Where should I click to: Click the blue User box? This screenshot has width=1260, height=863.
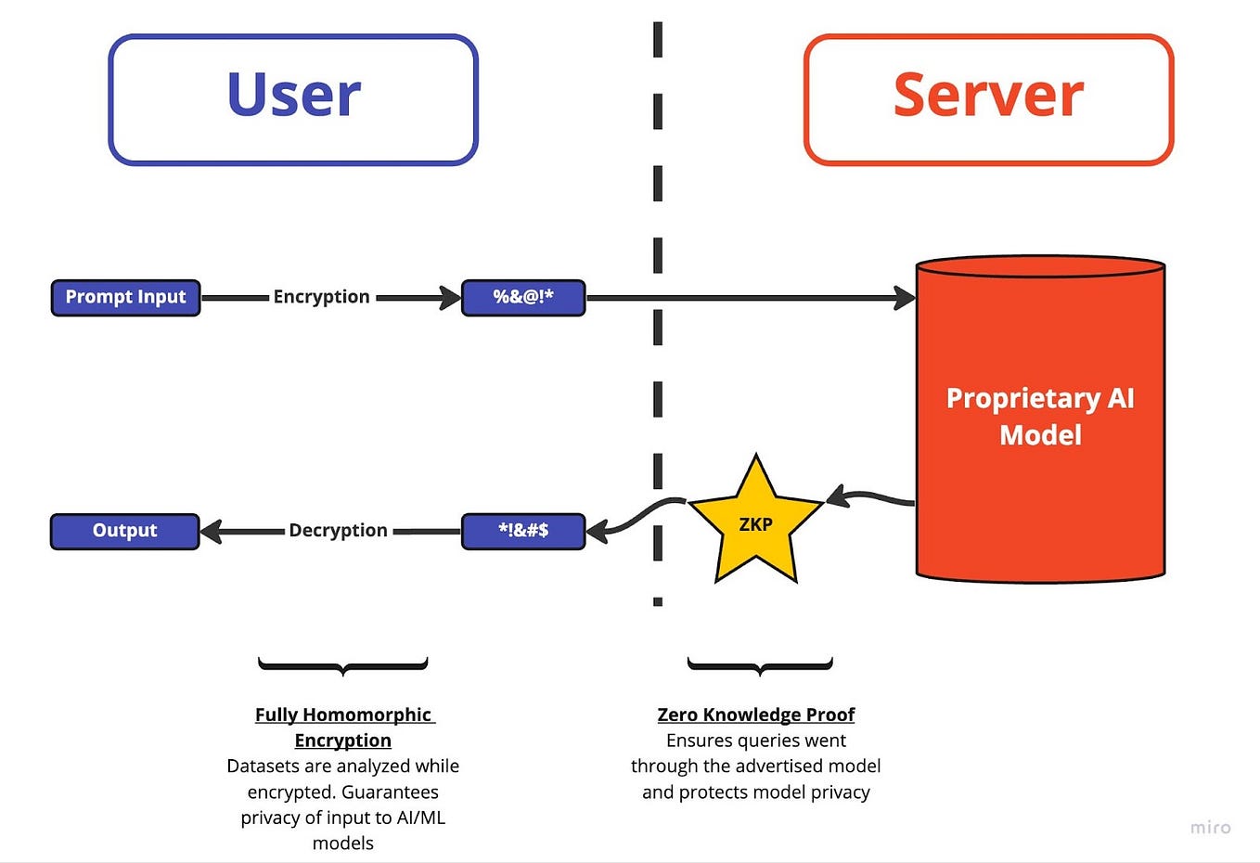pos(293,99)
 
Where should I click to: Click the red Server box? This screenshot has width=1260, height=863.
pos(988,99)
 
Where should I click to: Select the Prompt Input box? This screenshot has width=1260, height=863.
pos(125,298)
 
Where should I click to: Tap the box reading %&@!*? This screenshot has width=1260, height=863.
pos(523,298)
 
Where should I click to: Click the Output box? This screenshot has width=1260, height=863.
pos(124,531)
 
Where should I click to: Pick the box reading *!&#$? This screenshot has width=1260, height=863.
pos(523,531)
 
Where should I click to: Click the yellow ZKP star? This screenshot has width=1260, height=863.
pos(756,525)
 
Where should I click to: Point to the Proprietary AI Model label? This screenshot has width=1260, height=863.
pos(1040,417)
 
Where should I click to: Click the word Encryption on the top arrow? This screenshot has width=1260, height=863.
pos(321,297)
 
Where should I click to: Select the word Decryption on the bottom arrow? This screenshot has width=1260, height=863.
pos(338,531)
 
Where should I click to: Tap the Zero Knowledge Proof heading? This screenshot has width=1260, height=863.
pos(755,715)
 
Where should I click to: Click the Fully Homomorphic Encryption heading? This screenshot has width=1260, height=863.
pos(343,728)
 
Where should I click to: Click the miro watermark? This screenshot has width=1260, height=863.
pos(1211,828)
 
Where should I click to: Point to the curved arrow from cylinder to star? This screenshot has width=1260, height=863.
pos(872,498)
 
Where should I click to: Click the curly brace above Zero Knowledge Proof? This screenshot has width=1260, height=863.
pos(760,665)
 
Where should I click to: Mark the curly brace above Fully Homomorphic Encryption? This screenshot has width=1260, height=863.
pos(342,665)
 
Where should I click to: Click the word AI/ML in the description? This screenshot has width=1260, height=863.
pos(421,818)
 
